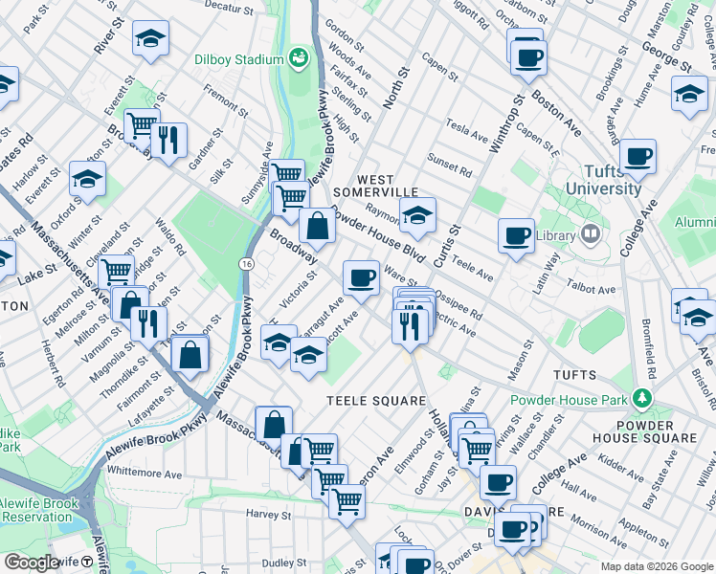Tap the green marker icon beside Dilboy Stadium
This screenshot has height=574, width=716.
(x=297, y=57)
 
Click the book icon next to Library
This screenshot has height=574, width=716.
(x=592, y=233)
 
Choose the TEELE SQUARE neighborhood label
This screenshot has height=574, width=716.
(x=368, y=399)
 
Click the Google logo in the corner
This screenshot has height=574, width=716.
(x=32, y=562)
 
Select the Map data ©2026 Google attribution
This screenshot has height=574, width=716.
(x=656, y=566)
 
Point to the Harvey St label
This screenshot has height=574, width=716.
(x=267, y=515)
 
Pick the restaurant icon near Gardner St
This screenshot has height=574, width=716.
(x=168, y=141)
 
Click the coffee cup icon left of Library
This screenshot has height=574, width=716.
(x=517, y=235)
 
